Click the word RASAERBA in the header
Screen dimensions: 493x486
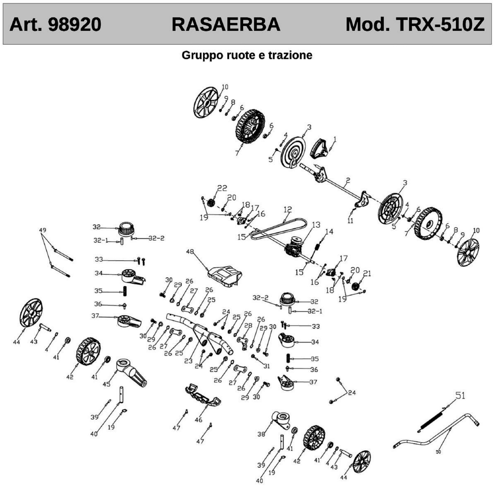tap(226, 25)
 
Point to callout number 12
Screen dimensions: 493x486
tap(288, 210)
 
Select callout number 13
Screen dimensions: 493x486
tap(316, 225)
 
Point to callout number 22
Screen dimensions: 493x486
tap(222, 188)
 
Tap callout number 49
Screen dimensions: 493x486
tap(43, 230)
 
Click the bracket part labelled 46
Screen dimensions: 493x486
tap(203, 396)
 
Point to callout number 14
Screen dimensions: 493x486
tap(329, 231)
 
